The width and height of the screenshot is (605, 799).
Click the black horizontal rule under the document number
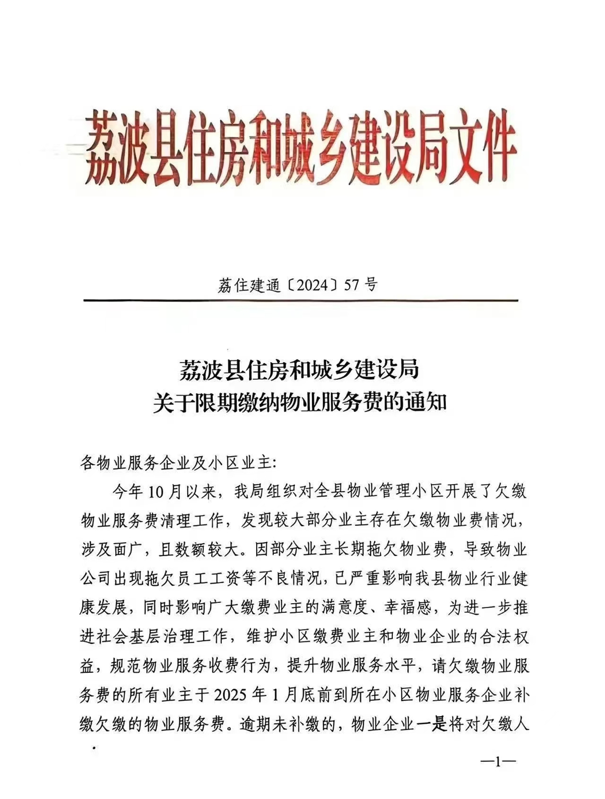[x=300, y=301]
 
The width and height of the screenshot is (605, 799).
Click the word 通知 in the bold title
[x=426, y=404]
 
